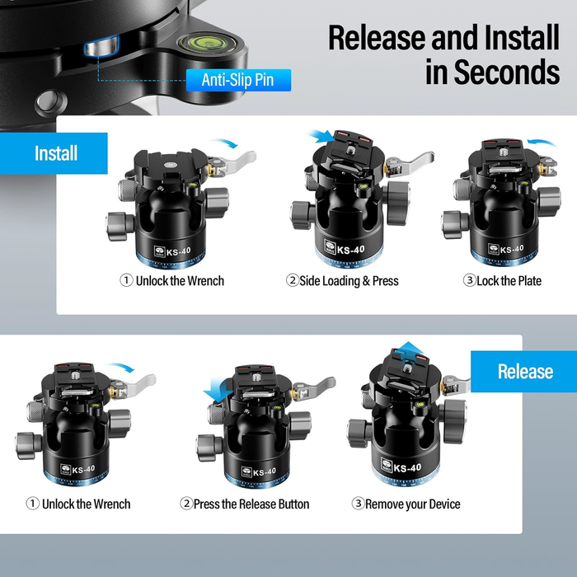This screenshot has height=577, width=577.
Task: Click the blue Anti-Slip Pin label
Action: coord(238,80)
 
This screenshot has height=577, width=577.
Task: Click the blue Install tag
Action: coord(56,153)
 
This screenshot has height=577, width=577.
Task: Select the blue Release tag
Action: coord(524,371)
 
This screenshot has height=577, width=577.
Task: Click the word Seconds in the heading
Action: coord(492,72)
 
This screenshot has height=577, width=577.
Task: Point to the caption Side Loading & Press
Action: coord(342,281)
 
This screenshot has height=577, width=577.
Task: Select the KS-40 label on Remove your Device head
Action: coord(407,468)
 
